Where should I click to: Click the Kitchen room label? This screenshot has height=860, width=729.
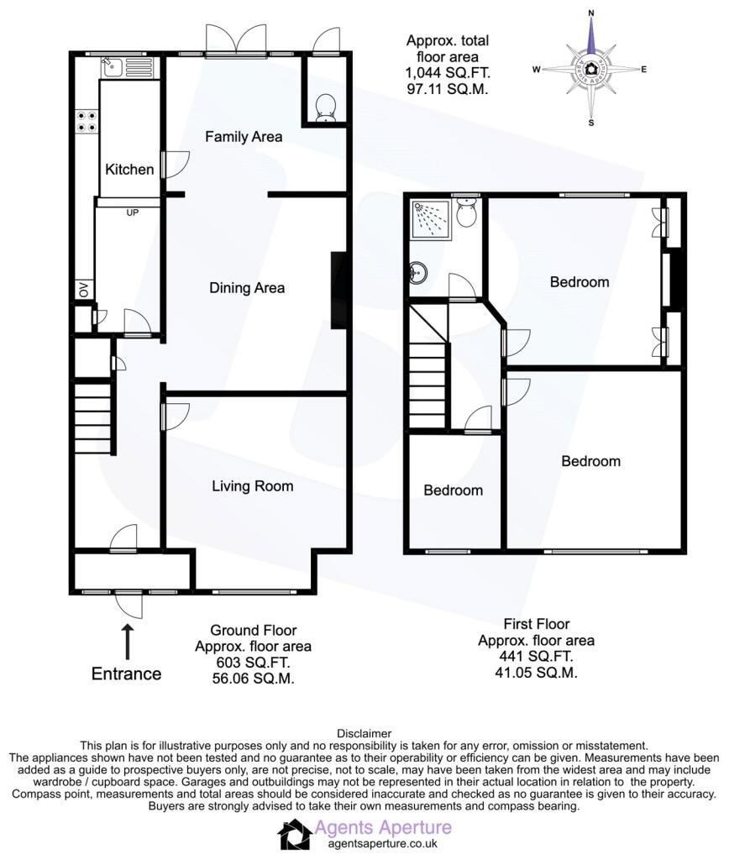(x=129, y=170)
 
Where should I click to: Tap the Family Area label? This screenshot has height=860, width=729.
(x=244, y=137)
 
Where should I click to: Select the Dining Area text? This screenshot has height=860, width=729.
(x=247, y=288)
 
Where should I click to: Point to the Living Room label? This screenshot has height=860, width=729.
(x=252, y=486)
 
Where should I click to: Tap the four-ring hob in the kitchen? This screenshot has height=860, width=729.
(x=87, y=122)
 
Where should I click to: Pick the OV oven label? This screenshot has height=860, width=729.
(x=83, y=289)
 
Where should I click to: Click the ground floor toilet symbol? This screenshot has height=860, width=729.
(x=327, y=107)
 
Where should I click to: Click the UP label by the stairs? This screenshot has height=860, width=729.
(x=132, y=212)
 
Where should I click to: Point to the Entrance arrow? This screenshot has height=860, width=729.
(x=128, y=641)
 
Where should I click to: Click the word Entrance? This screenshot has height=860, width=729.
(x=126, y=674)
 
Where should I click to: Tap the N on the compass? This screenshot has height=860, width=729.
(x=591, y=13)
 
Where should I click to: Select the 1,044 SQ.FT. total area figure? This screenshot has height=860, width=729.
(x=448, y=72)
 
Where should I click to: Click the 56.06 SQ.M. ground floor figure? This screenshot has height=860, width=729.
(x=254, y=679)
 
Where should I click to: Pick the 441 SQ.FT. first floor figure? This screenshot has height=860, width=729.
(x=536, y=656)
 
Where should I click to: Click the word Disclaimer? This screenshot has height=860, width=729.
(x=364, y=733)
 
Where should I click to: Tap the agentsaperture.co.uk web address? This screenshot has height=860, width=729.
(x=383, y=844)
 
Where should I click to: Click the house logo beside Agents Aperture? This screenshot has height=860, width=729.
(x=295, y=834)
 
